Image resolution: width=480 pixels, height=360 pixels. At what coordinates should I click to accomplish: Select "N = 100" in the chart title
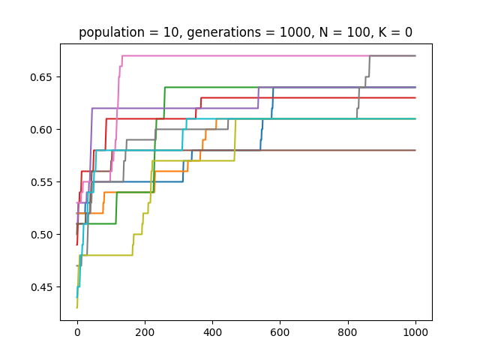334,32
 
